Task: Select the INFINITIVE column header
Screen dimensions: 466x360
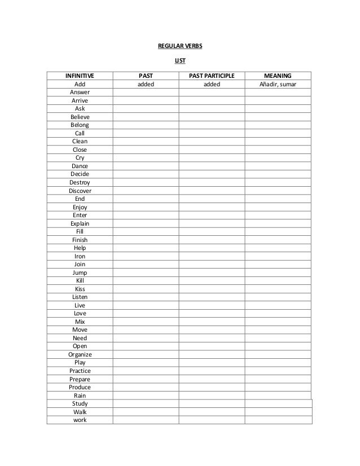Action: tap(80, 75)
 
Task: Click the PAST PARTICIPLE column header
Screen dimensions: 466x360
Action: tap(212, 75)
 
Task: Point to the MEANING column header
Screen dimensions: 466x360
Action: tap(278, 75)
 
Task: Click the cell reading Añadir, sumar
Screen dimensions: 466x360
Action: tap(278, 84)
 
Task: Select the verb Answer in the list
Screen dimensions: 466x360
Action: tap(80, 92)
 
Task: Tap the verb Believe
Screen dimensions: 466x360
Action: tap(80, 117)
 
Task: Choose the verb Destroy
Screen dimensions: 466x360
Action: tap(80, 182)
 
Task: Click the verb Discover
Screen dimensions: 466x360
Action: tap(80, 191)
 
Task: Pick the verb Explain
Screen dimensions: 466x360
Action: tap(80, 223)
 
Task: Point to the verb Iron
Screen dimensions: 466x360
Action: tap(80, 256)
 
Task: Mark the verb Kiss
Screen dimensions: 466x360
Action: tap(80, 289)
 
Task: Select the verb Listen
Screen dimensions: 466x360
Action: tap(80, 297)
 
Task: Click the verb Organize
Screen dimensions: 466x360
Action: tap(80, 354)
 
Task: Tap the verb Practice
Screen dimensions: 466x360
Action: tap(80, 371)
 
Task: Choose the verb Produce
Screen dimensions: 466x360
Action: tap(80, 387)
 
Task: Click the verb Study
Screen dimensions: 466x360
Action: tap(80, 404)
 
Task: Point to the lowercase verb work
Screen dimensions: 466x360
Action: tap(80, 420)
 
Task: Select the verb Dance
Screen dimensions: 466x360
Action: tap(80, 166)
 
